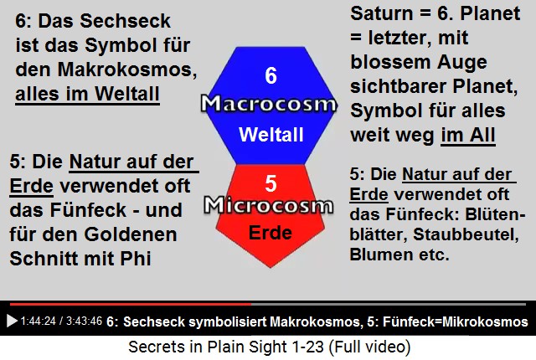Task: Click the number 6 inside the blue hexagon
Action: [271, 75]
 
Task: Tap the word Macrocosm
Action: [269, 104]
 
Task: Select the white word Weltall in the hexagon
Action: [271, 134]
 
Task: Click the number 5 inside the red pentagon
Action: [271, 183]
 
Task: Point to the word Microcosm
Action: [269, 206]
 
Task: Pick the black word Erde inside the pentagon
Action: [271, 233]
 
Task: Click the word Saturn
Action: [382, 13]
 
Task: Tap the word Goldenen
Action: [131, 234]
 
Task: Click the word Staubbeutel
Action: [466, 234]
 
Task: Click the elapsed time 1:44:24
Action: [38, 321]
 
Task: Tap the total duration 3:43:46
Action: [84, 321]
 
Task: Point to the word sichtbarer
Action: [399, 87]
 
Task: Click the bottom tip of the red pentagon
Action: [271, 268]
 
